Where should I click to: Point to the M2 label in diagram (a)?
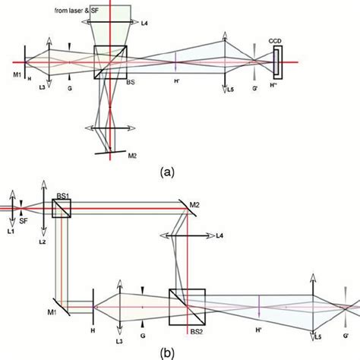[132, 156]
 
